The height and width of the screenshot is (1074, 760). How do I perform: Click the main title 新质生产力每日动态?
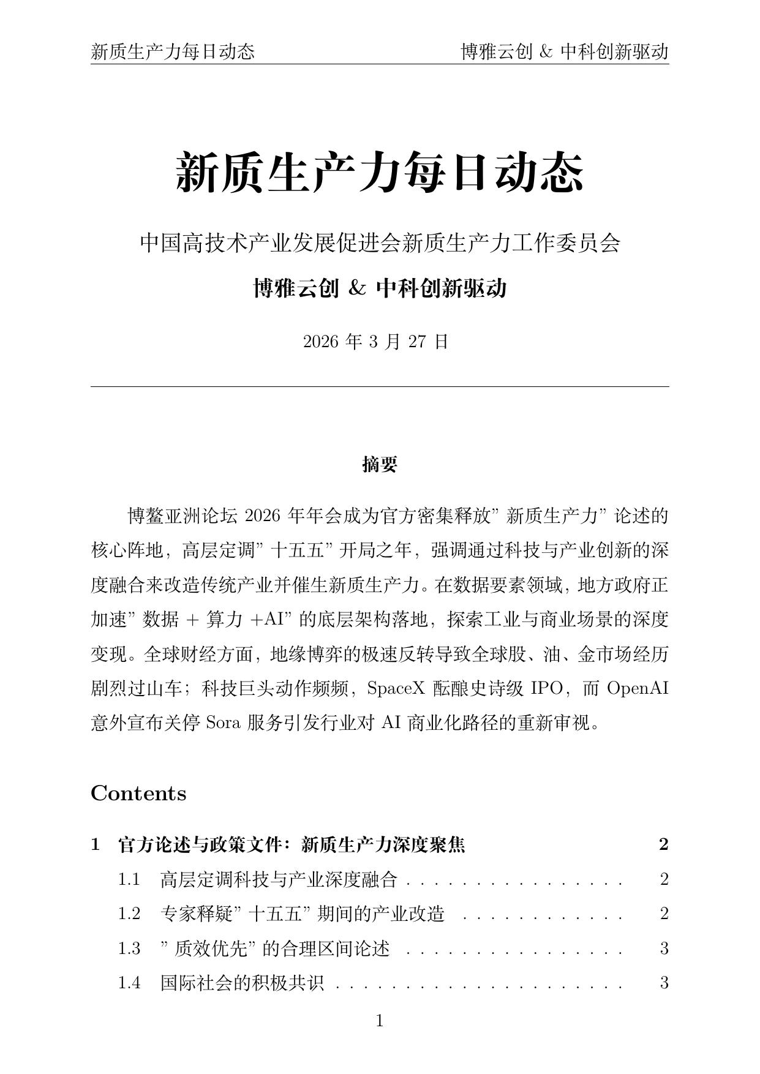click(x=380, y=173)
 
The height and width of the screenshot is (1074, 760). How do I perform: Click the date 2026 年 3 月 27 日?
click(x=376, y=342)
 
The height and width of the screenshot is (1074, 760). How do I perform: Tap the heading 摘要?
click(x=380, y=465)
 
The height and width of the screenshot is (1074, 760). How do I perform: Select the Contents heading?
click(x=138, y=794)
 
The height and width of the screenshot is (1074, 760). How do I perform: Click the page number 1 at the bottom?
click(x=380, y=1021)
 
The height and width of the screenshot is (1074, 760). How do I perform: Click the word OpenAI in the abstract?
click(x=637, y=689)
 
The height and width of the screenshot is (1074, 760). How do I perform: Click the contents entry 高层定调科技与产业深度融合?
click(x=279, y=880)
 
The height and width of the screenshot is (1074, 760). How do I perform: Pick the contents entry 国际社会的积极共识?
click(x=243, y=983)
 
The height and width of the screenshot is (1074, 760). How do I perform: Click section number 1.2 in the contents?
click(x=129, y=914)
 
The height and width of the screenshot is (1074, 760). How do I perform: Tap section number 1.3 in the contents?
click(x=129, y=948)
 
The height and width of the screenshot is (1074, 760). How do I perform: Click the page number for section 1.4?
click(x=664, y=983)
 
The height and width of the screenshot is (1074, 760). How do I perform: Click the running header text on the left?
click(x=173, y=51)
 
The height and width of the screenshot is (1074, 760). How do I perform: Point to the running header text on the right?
click(x=564, y=51)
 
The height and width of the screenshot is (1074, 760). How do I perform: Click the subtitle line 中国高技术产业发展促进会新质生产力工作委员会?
click(x=380, y=243)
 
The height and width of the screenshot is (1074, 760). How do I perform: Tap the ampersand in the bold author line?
click(x=356, y=288)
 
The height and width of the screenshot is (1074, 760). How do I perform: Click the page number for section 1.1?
click(x=664, y=880)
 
